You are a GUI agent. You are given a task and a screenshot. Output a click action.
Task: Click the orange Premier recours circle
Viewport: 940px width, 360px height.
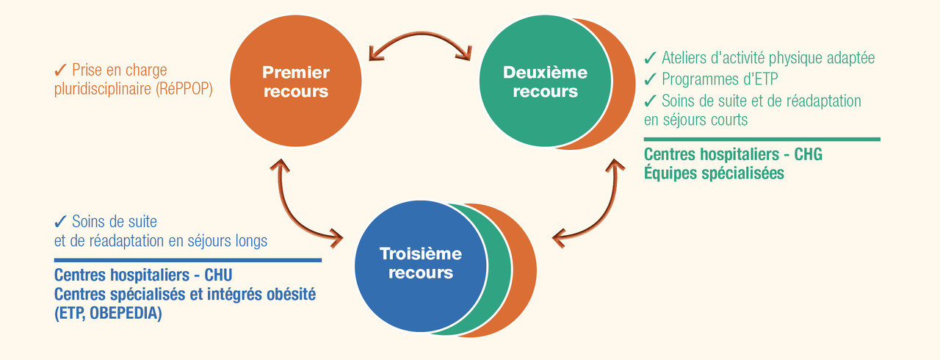[296, 82]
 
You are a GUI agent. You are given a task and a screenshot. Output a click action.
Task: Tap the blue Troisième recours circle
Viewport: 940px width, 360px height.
[420, 263]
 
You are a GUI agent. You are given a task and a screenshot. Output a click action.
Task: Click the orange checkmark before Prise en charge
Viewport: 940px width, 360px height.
[61, 71]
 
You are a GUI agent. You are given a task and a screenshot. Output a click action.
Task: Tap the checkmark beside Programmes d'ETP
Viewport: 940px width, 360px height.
[651, 79]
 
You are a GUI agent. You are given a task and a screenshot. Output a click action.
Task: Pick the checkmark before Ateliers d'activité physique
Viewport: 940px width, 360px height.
[651, 57]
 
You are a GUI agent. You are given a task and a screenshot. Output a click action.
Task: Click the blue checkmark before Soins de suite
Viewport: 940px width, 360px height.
[61, 221]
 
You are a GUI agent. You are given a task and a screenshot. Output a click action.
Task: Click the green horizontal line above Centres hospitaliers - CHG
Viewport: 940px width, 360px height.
[762, 139]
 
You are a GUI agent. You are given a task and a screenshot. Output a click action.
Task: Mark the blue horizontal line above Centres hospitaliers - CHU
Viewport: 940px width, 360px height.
[187, 259]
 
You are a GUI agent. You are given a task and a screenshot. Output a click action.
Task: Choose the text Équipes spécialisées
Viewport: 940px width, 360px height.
[714, 173]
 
